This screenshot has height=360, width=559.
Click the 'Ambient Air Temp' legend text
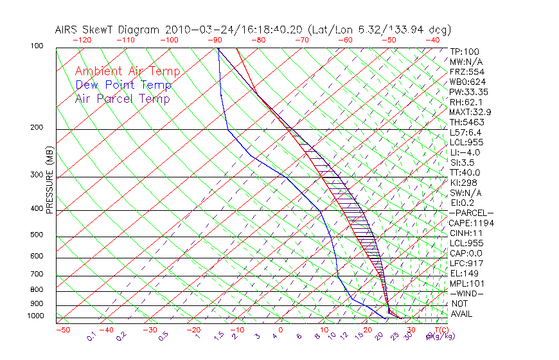(x=127, y=71)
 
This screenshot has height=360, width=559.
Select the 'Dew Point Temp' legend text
(x=123, y=85)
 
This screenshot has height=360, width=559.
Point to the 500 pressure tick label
(x=37, y=235)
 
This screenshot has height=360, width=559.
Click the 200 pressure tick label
(x=37, y=128)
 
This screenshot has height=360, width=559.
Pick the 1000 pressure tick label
(x=36, y=316)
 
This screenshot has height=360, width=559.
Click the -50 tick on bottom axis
(x=62, y=330)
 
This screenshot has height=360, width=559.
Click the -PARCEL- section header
(x=471, y=213)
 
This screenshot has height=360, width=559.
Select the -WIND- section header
(x=466, y=293)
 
